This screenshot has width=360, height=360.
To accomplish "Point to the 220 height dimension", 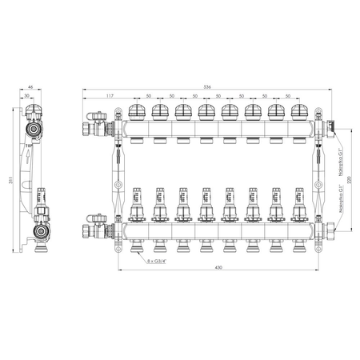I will (349, 182).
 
